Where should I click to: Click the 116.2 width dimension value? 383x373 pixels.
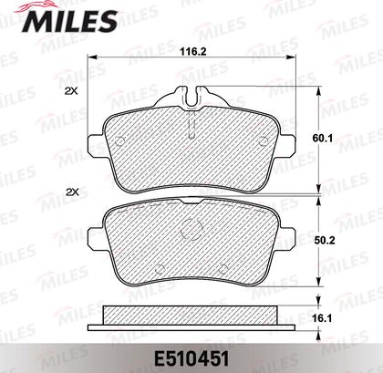(x=192, y=51)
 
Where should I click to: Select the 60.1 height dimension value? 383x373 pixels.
(x=323, y=139)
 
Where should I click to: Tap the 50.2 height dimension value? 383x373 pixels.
(x=324, y=241)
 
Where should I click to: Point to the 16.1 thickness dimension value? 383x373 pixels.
(x=323, y=318)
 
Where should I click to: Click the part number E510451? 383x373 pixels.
(x=191, y=359)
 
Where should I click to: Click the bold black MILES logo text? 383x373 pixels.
(x=70, y=21)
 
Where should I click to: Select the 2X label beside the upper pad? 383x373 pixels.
(x=72, y=91)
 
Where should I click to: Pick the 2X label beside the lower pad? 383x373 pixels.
(x=72, y=192)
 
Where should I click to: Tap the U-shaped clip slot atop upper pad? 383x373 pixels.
(x=191, y=97)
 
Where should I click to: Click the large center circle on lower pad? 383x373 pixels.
(x=191, y=230)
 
